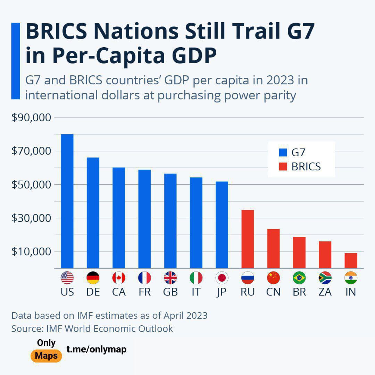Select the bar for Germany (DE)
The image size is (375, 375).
pos(93,212)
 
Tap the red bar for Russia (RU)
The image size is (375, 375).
pos(248,239)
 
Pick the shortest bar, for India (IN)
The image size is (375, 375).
pos(351,260)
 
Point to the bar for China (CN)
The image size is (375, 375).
pos(273,248)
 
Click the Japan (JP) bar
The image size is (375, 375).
pos(222,224)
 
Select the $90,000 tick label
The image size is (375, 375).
pos(31,118)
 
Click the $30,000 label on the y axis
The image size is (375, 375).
pos(31,218)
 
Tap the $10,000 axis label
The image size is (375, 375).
pos(31,252)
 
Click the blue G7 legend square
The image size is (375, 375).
pos(283,152)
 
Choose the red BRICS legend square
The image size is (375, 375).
pos(283,167)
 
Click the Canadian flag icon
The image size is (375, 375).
pos(119,278)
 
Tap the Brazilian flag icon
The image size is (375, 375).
pos(299,278)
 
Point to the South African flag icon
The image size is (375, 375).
pos(325,278)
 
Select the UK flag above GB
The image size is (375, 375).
pos(170,278)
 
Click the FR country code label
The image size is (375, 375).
pos(144,292)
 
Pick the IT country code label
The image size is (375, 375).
pos(196,292)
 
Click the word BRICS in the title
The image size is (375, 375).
pos(56,32)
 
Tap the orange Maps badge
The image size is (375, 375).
pos(46,356)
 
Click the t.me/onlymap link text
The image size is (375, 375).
pos(97,350)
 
